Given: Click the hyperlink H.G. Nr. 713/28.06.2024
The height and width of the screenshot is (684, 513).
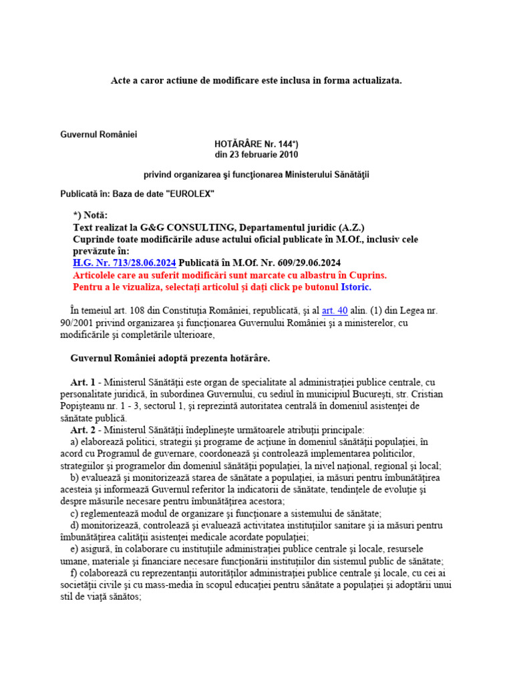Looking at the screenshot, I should pos(124,263).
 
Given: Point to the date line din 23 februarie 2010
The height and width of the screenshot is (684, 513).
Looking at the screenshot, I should pos(256,155).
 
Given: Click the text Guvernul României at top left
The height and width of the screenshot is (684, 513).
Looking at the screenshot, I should pos(98,134).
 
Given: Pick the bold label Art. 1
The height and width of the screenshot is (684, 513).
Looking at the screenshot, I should pos(83,382).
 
